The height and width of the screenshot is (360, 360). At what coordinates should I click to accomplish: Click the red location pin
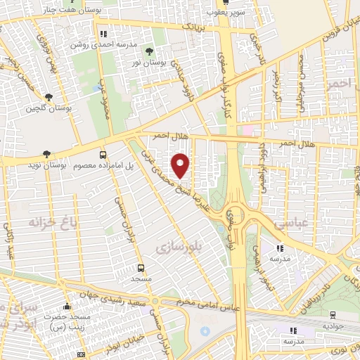[181, 165]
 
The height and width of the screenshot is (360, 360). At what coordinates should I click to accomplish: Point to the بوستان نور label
[148, 63]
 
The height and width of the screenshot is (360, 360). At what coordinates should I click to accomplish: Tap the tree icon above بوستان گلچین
[49, 98]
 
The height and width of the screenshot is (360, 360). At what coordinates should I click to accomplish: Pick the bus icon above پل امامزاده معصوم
[103, 155]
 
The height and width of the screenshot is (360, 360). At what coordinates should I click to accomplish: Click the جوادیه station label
[333, 326]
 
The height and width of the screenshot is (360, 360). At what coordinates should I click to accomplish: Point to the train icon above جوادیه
[333, 315]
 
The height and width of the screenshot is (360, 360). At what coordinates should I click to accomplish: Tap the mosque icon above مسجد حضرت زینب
[67, 307]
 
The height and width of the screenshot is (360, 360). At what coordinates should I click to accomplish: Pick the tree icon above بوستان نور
[148, 51]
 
